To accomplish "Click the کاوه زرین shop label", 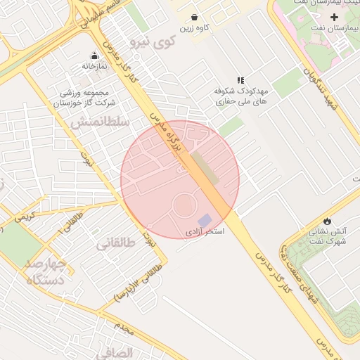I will pos(196,29).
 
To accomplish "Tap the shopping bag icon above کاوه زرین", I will pos(195,17).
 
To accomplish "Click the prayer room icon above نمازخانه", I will pos(94,56).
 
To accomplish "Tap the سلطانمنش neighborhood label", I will pos(100,122).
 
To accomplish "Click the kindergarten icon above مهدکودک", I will pos(240,82).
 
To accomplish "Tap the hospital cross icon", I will pos(334,16).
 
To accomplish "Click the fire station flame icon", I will pos(327,220).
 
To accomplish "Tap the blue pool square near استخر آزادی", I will pos(205,220).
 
